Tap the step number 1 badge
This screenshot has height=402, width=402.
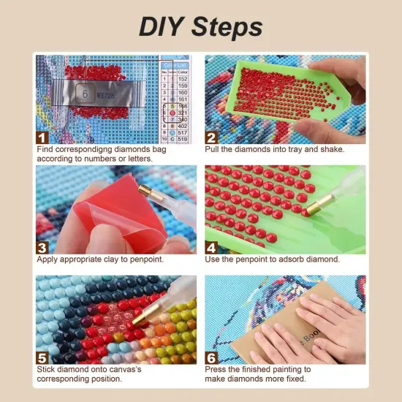click(x=43, y=137)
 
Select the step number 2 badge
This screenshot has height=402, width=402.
click(x=212, y=137)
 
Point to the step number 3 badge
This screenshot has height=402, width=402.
click(x=43, y=246)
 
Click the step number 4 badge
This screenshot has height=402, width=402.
click(x=212, y=246)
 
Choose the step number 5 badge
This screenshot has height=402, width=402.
click(x=43, y=357)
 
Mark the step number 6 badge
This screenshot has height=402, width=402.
click(x=212, y=357)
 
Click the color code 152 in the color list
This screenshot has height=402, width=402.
click(x=181, y=78)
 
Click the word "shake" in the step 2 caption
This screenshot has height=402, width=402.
click(x=328, y=149)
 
